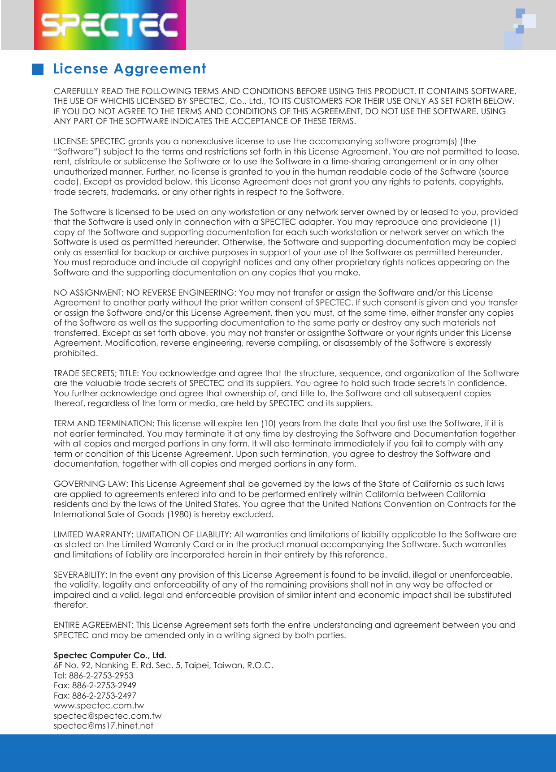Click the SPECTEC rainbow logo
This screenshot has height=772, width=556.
pos(110,25)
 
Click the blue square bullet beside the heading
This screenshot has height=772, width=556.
pos(38,69)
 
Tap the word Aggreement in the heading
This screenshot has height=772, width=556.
pos(160,69)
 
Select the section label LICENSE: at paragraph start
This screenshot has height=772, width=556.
pos(70,142)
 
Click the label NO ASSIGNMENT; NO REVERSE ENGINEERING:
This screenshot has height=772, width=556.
pos(144,293)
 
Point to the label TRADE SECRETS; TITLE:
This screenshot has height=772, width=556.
pos(96,373)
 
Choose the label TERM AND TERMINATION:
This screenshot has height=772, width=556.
pos(104,424)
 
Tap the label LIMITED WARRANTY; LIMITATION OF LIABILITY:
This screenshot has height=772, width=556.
pos(142,535)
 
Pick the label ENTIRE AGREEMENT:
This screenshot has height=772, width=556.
pos(93,625)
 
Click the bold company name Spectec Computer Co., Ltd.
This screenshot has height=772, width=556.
pos(110,656)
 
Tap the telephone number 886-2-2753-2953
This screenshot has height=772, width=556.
pos(101,676)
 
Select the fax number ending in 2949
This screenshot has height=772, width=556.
pos(104,686)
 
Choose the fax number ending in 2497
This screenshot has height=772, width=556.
pos(104,696)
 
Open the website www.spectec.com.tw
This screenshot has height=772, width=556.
pos(99,706)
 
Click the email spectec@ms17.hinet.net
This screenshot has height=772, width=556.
pos(103,726)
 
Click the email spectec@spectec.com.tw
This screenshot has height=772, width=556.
pos(107,716)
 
